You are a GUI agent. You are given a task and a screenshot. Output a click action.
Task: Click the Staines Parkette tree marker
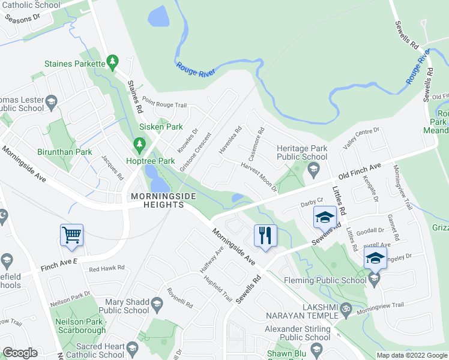click(112, 62)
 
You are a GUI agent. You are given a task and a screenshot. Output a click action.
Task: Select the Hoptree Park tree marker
click(140, 145)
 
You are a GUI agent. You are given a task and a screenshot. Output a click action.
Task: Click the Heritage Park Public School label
click(302, 152)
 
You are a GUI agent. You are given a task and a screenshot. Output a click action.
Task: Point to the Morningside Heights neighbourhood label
click(155, 200)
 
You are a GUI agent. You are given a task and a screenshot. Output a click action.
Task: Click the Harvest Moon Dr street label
click(259, 176)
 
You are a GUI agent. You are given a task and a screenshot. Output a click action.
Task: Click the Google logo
click(20, 353)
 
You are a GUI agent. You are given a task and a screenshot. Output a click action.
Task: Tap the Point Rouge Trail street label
click(165, 101)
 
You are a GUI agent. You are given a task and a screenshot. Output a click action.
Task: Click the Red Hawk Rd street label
click(106, 268)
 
